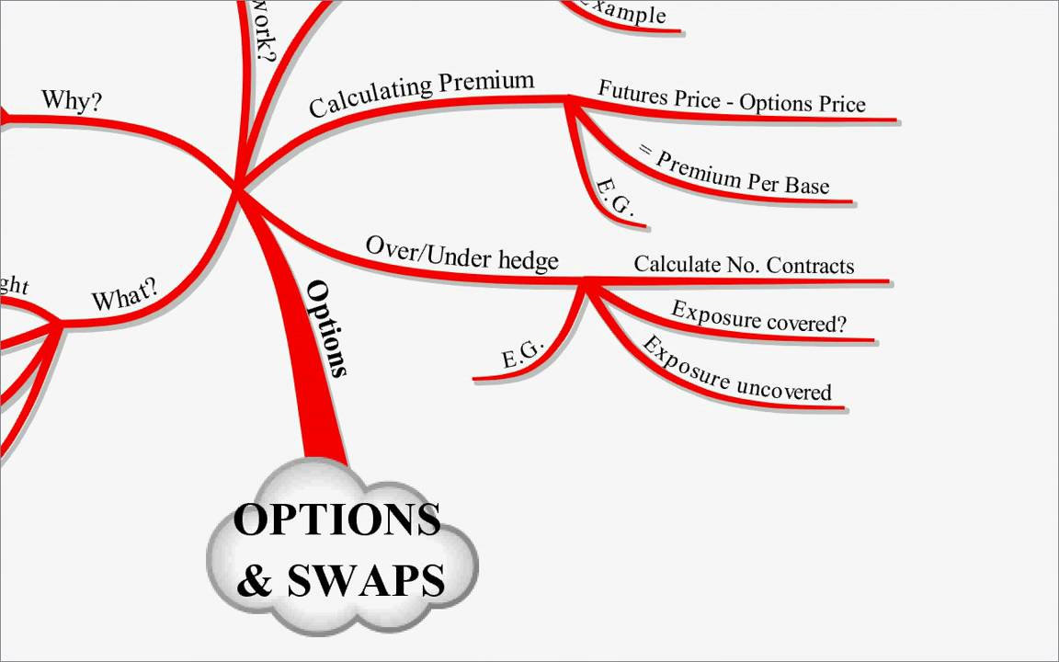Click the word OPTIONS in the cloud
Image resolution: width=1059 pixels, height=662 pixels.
point(336,520)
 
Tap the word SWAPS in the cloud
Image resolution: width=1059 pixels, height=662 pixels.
point(366,581)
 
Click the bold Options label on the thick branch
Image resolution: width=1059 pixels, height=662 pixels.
point(328,328)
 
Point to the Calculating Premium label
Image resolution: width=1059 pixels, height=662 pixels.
point(421,94)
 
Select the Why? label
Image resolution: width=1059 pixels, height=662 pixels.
point(72,100)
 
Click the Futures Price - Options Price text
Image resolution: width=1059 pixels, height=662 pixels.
point(732,97)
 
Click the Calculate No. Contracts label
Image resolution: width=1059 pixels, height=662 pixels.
point(744,265)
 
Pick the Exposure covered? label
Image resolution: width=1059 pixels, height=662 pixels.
point(758,317)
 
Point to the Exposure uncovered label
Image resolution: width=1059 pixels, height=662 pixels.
point(734,371)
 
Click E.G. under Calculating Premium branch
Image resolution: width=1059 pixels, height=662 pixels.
point(615,198)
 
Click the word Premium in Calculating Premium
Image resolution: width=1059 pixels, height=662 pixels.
point(486,83)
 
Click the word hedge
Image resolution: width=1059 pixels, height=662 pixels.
point(528,260)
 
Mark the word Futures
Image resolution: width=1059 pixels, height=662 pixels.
point(634,91)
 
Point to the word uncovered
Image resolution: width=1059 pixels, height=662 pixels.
point(784,388)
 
